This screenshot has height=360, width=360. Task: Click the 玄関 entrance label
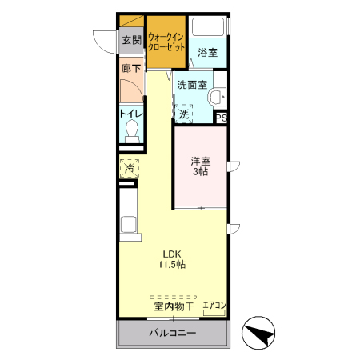click(x=131, y=39)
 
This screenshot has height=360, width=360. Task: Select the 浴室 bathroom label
click(x=207, y=53)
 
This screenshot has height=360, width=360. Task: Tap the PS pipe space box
click(x=222, y=118)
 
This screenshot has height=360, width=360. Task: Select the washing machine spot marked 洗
click(x=185, y=114)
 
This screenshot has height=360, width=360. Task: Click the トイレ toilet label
click(x=131, y=114)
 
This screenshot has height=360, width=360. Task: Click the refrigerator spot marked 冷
click(x=129, y=169)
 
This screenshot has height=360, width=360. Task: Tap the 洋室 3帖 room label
click(x=200, y=166)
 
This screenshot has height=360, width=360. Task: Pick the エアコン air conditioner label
click(x=214, y=305)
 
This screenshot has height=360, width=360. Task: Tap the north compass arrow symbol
click(x=258, y=333)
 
